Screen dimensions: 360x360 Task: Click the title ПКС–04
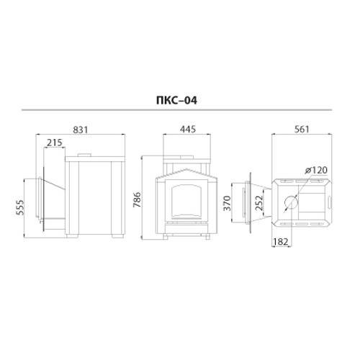pyautogui.click(x=176, y=100)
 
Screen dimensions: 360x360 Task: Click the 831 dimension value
pyautogui.click(x=81, y=130)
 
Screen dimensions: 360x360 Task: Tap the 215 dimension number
pyautogui.click(x=55, y=143)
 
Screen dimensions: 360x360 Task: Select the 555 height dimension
pyautogui.click(x=20, y=207)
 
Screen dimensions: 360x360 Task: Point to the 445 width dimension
pyautogui.click(x=188, y=129)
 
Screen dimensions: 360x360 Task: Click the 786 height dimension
pyautogui.click(x=137, y=199)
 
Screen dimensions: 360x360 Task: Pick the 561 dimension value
pyautogui.click(x=302, y=130)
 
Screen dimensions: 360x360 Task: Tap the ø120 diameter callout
pyautogui.click(x=316, y=170)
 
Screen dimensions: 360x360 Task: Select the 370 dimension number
pyautogui.click(x=227, y=203)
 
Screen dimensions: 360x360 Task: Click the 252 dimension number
pyautogui.click(x=259, y=203)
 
